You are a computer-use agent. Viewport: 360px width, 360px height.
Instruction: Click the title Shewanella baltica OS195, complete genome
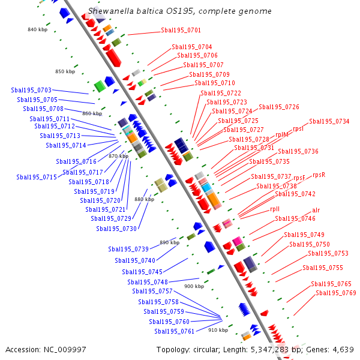[180, 11]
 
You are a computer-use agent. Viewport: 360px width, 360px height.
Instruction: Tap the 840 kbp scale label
[37, 29]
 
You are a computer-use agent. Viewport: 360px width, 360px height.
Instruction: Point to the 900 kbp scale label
[194, 286]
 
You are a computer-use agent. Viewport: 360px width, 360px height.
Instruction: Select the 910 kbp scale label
[218, 330]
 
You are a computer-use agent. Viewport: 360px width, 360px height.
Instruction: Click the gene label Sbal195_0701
[181, 30]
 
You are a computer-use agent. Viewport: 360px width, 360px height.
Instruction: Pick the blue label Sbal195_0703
[31, 90]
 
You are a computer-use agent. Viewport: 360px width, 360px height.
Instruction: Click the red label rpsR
[319, 175]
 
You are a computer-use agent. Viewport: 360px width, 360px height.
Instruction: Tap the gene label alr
[316, 210]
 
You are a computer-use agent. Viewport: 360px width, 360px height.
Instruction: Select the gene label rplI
[275, 209]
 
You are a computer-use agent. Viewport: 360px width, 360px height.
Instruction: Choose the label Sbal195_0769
[336, 293]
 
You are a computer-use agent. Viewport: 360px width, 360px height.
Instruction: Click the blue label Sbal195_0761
[174, 331]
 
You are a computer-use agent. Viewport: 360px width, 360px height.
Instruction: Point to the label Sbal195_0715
[37, 177]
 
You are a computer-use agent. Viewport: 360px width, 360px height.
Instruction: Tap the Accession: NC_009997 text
[46, 350]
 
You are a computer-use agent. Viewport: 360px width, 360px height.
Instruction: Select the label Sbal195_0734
[329, 121]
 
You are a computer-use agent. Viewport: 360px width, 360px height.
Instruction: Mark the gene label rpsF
[299, 178]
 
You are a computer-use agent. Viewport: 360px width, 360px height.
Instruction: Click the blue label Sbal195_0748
[148, 282]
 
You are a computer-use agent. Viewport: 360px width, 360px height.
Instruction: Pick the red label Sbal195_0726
[279, 107]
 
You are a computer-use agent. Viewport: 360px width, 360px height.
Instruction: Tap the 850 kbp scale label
[65, 71]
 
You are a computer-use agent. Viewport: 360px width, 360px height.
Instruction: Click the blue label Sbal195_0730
[116, 229]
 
